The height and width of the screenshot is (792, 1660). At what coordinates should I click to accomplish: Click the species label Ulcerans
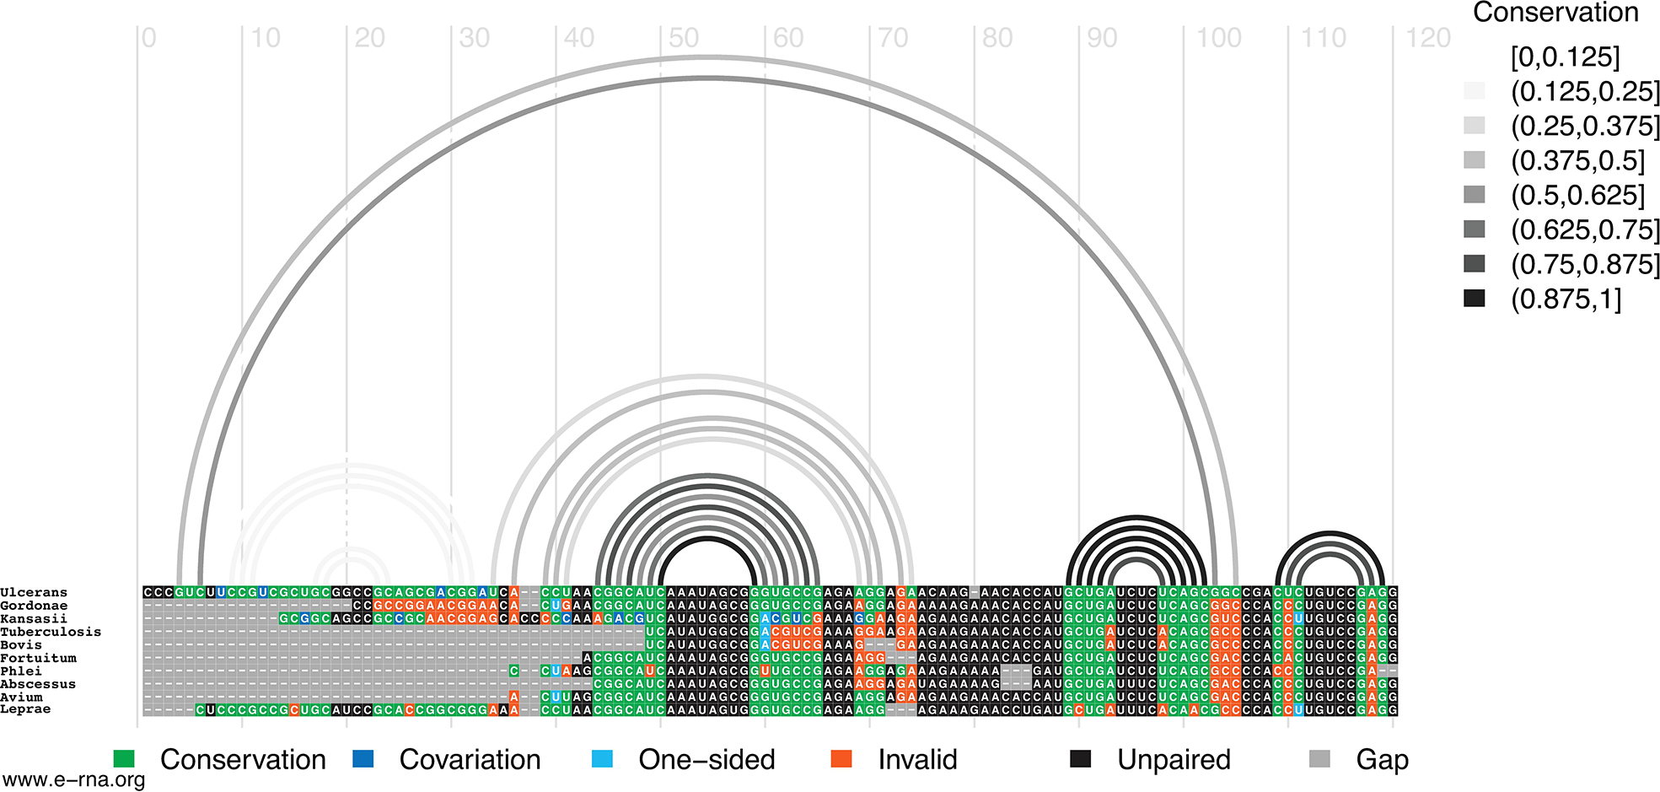click(34, 593)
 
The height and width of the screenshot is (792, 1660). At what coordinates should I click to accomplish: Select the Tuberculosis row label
click(51, 632)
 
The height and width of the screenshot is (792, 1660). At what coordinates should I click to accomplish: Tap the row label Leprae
click(25, 709)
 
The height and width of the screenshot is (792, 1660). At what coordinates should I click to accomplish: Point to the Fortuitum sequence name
click(38, 658)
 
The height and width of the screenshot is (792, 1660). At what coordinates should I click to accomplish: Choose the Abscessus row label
click(38, 684)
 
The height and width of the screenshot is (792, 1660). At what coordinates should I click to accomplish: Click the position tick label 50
click(684, 38)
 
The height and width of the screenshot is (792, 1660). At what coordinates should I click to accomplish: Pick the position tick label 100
click(1219, 38)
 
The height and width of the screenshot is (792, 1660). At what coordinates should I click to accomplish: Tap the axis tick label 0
click(149, 38)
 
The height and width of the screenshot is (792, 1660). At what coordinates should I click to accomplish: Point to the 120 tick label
click(1428, 38)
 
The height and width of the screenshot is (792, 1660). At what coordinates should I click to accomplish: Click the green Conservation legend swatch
click(124, 759)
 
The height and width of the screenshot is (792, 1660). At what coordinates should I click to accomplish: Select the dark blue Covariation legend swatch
click(363, 759)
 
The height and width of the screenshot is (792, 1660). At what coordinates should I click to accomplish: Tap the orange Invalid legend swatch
click(841, 759)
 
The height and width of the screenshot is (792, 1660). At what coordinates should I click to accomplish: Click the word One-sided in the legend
click(706, 760)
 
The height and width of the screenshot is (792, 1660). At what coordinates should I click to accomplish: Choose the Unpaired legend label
click(1174, 760)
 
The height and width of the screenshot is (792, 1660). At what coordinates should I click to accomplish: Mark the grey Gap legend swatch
click(1319, 759)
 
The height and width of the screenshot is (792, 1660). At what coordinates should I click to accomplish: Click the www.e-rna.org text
click(73, 780)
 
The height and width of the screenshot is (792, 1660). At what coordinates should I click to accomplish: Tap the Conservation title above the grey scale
click(1555, 13)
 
